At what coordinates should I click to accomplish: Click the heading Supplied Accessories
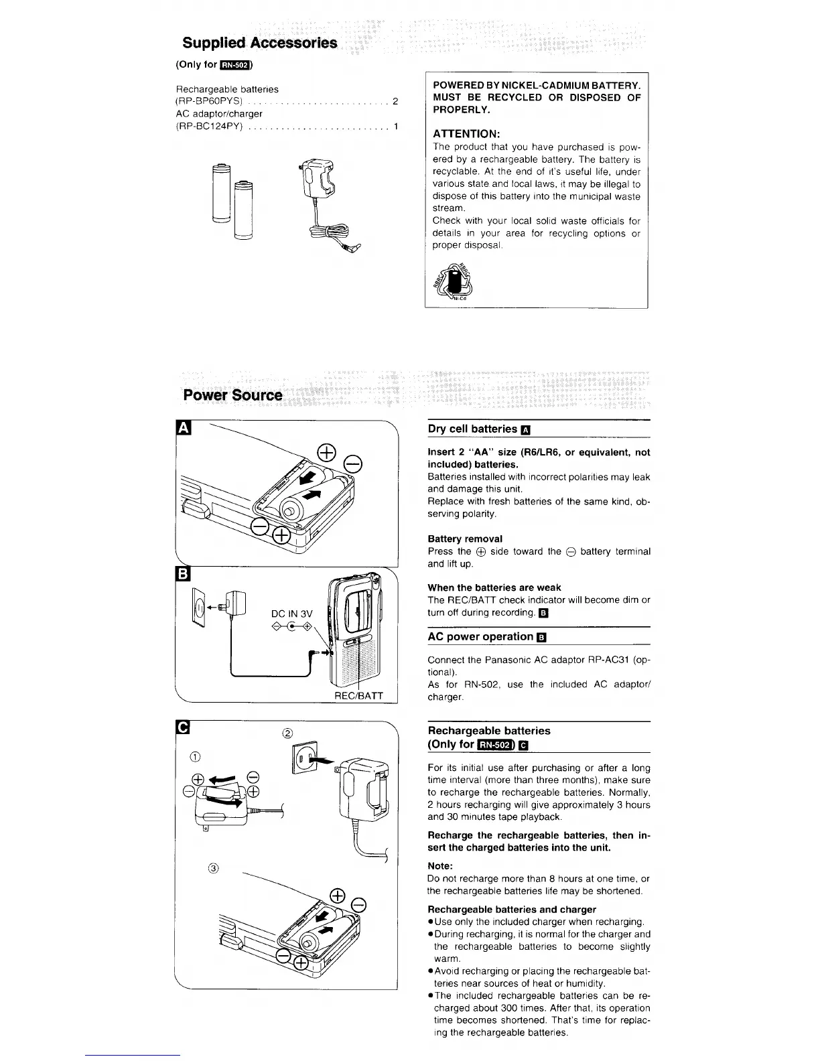click(x=260, y=44)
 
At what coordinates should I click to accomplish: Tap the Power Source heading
click(x=233, y=395)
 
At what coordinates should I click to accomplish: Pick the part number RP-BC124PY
click(x=209, y=127)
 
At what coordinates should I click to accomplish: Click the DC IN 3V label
click(x=292, y=614)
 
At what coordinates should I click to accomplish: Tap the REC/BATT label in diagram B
click(x=358, y=695)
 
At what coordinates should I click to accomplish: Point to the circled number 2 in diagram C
click(x=288, y=732)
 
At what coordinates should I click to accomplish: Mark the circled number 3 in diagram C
click(x=213, y=869)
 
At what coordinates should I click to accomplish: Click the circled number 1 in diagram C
click(x=195, y=757)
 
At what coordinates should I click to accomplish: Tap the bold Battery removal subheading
click(x=465, y=539)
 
